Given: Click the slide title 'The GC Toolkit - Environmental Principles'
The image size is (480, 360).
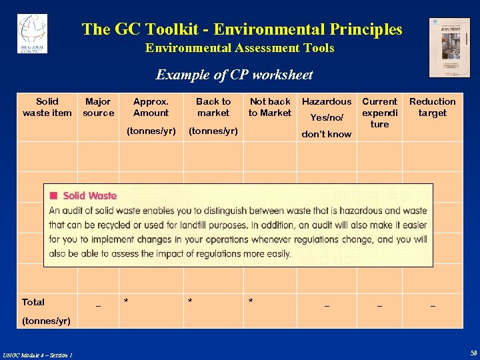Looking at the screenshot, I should pos(242,29).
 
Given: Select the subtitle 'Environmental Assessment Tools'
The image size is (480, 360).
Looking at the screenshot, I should pos(240,48).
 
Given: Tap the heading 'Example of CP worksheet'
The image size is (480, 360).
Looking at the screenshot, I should pos(234,75).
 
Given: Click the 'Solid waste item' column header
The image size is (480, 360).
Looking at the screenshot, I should pos(47,107).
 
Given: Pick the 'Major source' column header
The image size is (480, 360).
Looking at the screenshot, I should pos(98,107).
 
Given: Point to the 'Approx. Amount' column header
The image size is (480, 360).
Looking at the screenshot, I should pos(151,107).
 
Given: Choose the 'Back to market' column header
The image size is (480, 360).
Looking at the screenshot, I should pos(213,107).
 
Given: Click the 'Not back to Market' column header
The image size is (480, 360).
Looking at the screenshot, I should pos(270,107).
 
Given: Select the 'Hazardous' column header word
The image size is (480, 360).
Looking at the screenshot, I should pos(327,101).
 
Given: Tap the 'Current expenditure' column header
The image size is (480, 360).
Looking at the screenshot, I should pos(379,113).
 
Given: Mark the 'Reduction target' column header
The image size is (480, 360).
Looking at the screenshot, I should pos(432,107).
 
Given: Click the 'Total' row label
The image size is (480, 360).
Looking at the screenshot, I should pos(33,302).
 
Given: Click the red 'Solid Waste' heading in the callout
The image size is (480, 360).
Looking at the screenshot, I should pos(90,195).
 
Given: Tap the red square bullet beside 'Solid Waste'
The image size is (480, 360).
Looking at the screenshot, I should pos(53,195).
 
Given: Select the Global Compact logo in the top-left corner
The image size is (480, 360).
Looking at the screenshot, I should pos(32,33).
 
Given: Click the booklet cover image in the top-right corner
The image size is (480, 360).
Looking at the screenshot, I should pos(449,47).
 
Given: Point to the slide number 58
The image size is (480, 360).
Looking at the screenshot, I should pos(473,353).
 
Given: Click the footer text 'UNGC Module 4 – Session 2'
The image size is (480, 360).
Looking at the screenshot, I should pos(37,354).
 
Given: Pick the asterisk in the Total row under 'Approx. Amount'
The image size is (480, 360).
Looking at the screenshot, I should pos(126,302).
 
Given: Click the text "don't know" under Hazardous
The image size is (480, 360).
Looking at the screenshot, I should pos(326,134).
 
